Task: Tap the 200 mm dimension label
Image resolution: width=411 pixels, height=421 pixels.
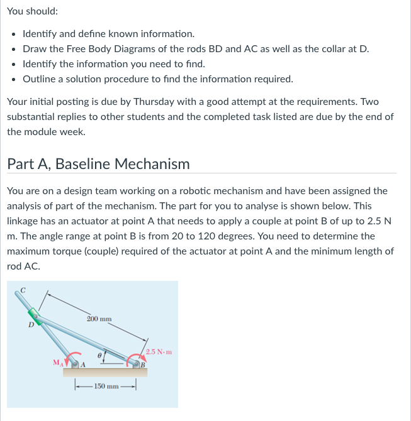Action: pos(99,319)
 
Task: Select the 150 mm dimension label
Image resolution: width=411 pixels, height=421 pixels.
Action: pos(106,385)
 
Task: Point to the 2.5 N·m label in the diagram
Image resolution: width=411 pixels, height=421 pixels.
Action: pos(159,352)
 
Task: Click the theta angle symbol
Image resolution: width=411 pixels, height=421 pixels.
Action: pos(99,356)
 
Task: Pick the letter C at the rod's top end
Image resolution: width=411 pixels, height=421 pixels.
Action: pos(23,290)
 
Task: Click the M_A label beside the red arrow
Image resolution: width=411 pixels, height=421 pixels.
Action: pos(58,362)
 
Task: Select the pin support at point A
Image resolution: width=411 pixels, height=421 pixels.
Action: pos(77,364)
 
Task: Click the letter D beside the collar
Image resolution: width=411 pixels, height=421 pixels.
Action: pos(29,325)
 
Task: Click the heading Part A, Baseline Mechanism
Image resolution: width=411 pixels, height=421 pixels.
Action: pos(98,164)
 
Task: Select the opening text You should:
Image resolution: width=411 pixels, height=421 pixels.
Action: pos(32,11)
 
